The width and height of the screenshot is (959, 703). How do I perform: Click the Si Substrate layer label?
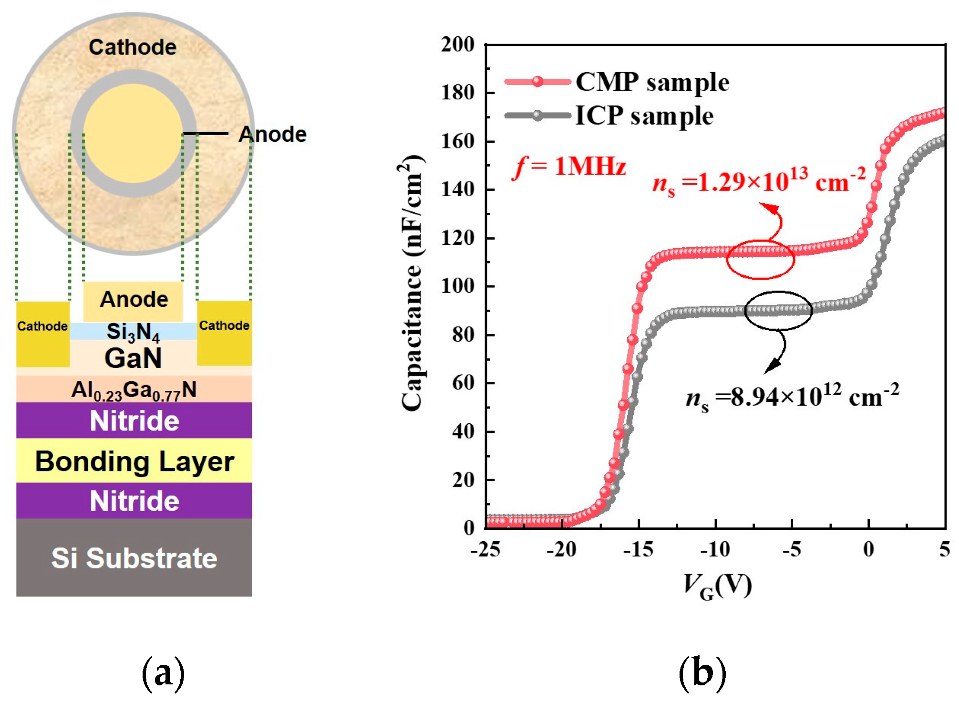[134, 558]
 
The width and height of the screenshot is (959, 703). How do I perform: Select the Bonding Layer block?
[134, 461]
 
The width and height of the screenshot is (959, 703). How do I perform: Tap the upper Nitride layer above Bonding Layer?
[134, 420]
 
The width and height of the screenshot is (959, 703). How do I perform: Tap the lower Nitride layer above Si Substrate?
[134, 501]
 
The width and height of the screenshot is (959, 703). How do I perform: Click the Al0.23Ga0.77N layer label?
[134, 389]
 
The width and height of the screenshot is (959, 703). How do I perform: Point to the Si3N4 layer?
[133, 331]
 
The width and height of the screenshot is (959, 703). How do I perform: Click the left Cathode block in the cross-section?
[42, 334]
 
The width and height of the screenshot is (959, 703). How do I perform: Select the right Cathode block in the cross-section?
[224, 333]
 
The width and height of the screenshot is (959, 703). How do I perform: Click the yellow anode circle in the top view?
[133, 134]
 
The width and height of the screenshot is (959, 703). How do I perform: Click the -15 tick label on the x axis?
[639, 550]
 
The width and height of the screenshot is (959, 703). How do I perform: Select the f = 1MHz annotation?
[569, 167]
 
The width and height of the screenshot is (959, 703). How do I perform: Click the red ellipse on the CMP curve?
[760, 259]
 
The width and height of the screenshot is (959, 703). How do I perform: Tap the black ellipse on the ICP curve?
[778, 310]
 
